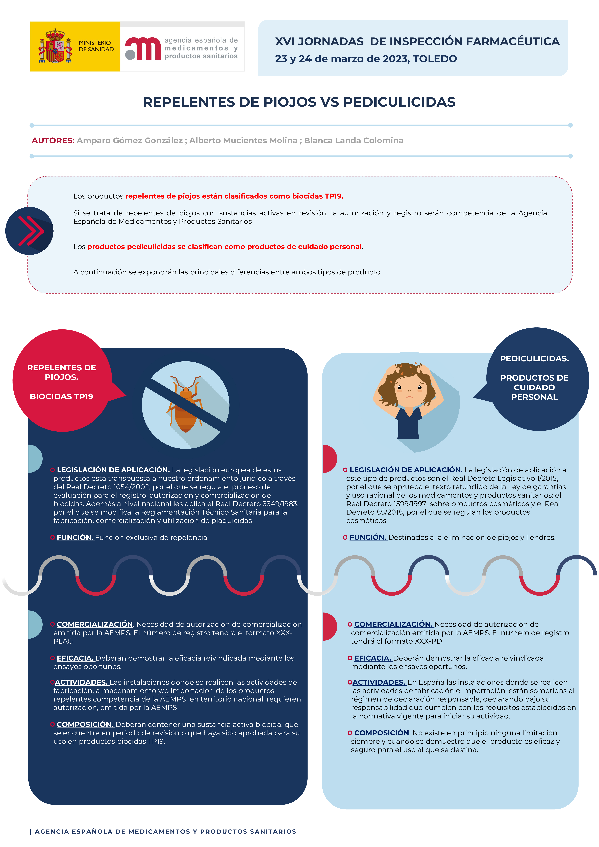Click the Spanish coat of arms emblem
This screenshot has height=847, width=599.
55,46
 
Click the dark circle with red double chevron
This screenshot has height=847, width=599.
30,231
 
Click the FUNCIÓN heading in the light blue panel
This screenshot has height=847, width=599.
367,538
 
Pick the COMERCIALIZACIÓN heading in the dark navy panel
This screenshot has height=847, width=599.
95,624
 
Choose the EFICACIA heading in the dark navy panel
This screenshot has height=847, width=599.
75,658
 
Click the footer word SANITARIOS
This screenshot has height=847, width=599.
273,832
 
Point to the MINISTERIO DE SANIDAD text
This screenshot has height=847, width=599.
96,46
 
